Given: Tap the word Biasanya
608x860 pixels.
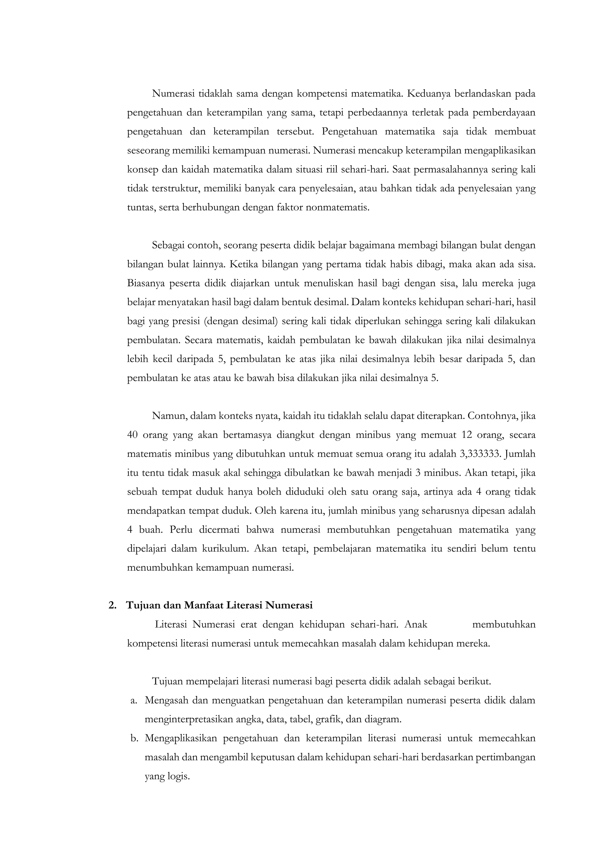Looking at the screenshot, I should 146,283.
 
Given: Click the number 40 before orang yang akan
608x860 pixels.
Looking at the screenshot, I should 133,435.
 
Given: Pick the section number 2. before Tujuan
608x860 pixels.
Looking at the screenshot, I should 112,606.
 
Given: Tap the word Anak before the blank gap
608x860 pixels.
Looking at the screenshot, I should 416,624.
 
